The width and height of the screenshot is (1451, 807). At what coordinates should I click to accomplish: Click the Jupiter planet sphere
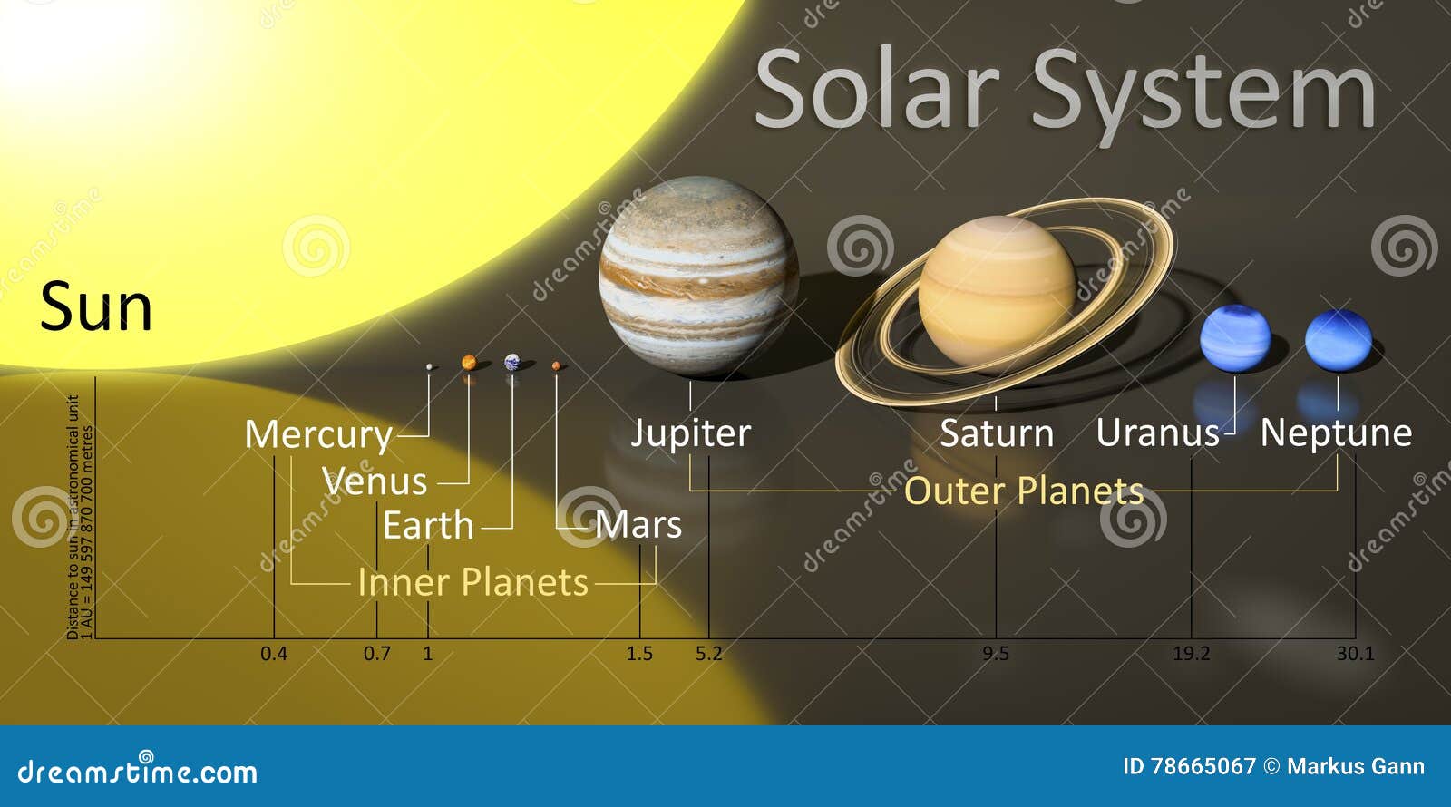coord(698,277)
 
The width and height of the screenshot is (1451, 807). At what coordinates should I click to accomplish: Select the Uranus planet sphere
coord(1234,339)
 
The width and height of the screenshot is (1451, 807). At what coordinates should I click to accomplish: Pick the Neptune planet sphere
coord(1339,340)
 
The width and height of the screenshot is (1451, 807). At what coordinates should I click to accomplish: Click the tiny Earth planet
coord(512,362)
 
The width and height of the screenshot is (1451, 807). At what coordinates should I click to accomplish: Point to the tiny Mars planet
coord(556,365)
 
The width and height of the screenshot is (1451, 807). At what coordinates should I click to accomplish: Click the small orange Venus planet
coord(469,362)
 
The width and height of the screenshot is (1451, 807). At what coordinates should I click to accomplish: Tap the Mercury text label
coord(318,435)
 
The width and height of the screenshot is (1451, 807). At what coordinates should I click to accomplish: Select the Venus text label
coord(375,481)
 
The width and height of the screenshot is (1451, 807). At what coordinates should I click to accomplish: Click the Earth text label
coord(428,526)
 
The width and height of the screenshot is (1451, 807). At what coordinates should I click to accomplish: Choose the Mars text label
coord(638,525)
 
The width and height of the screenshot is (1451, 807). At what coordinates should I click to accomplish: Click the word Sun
coord(96,307)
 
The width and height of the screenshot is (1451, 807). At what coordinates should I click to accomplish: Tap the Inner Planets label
coord(472,582)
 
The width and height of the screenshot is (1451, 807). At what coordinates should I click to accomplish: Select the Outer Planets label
coord(1024,491)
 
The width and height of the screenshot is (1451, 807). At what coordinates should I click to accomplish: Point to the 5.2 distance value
coord(709,654)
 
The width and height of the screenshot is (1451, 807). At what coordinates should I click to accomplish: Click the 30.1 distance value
coord(1355,654)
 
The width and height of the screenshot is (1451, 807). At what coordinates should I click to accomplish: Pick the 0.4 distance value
coord(274,654)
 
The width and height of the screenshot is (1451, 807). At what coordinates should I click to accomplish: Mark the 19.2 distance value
coord(1191,654)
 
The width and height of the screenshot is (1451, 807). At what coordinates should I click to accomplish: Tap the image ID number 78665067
coord(1203,767)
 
